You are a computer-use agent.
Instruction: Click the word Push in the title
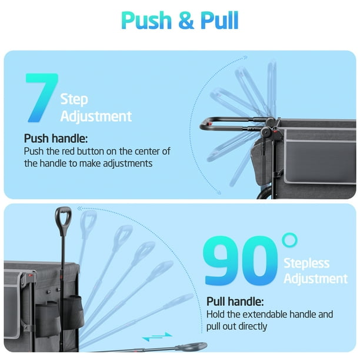coord(146,21)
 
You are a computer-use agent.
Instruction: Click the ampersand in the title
coord(186,21)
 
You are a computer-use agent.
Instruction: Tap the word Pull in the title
coord(219,20)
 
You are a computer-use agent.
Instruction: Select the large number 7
coord(42,98)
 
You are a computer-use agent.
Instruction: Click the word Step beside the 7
coord(74,99)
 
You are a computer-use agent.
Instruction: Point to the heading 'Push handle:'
coord(56,138)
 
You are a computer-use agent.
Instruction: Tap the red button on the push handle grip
coord(209,124)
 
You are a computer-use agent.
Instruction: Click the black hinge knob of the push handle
coord(266,132)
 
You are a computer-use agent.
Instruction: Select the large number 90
coord(241,261)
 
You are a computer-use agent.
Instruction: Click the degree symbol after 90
coord(289,240)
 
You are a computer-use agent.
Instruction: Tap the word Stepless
coord(306,264)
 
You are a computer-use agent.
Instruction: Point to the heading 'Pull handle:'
coord(235,301)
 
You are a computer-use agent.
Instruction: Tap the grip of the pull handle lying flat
coord(192,346)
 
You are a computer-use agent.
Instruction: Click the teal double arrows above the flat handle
coord(157,336)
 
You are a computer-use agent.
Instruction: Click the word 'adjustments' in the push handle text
coord(128,164)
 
